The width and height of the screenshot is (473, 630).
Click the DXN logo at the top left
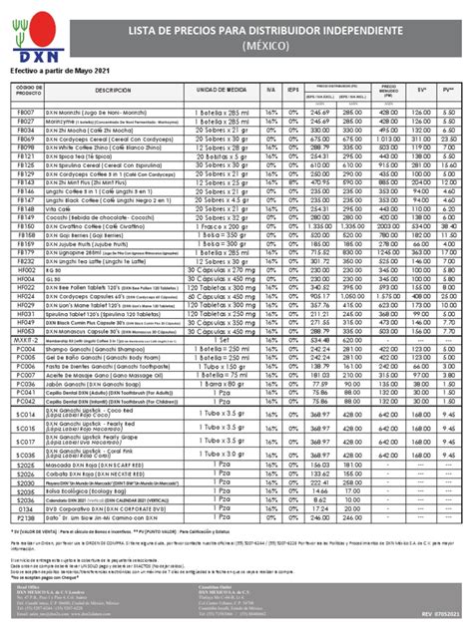31,34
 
